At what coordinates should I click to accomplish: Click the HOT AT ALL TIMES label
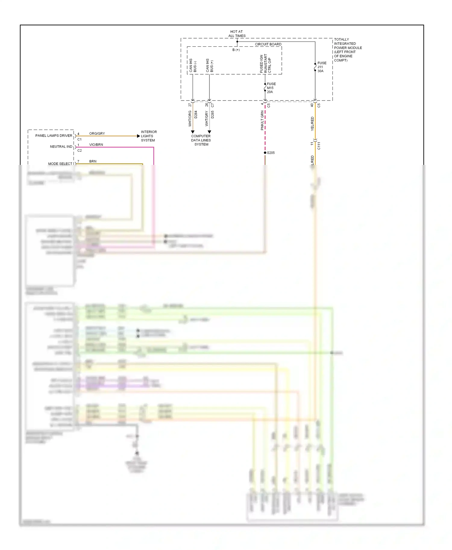point(237,34)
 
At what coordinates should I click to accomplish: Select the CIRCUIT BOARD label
point(268,44)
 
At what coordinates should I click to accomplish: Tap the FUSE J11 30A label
point(322,67)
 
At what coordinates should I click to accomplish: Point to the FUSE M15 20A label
point(271,88)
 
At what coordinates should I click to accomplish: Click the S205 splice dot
point(265,153)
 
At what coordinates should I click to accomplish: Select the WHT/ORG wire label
point(190,118)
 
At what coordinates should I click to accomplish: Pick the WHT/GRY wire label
point(207,118)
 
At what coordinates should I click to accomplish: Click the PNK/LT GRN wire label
point(262,120)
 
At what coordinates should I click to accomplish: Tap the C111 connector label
point(319,146)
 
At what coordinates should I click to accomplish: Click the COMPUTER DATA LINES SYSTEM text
point(201,140)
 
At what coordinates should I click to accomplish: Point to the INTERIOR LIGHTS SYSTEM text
point(149,136)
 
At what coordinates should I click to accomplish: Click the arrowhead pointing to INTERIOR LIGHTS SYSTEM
point(138,136)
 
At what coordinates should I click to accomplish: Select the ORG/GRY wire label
point(97,134)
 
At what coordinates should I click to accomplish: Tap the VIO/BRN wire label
point(96,145)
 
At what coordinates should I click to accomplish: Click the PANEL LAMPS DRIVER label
point(54,136)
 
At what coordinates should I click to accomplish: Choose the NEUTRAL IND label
point(61,147)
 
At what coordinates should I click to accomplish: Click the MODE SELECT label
point(60,164)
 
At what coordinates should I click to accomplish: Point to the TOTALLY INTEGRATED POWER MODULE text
point(348,50)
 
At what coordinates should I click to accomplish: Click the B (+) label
point(236,50)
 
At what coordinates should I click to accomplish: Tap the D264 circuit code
point(196,114)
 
